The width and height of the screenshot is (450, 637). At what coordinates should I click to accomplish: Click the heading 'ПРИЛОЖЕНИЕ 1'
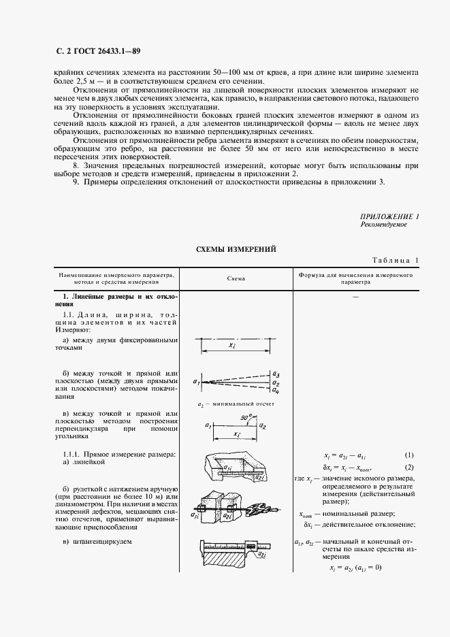[x=389, y=216]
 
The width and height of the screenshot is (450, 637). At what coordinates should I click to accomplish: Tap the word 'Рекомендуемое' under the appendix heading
[x=383, y=225]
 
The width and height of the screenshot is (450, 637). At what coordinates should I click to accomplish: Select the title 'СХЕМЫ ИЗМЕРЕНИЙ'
[x=236, y=249]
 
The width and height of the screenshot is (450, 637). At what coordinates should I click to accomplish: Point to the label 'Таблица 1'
[x=396, y=261]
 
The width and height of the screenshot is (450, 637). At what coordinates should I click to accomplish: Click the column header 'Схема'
[x=236, y=278]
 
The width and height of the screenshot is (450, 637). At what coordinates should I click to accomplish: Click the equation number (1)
[x=410, y=455]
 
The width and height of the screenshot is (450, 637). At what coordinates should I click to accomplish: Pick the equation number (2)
[x=410, y=467]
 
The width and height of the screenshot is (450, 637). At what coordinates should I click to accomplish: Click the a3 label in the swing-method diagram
[x=275, y=374]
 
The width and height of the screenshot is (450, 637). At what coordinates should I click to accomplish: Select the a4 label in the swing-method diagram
[x=275, y=390]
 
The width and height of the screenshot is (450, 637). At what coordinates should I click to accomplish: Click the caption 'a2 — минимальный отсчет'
[x=235, y=404]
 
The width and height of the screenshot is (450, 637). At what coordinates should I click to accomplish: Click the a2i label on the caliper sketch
[x=261, y=555]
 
